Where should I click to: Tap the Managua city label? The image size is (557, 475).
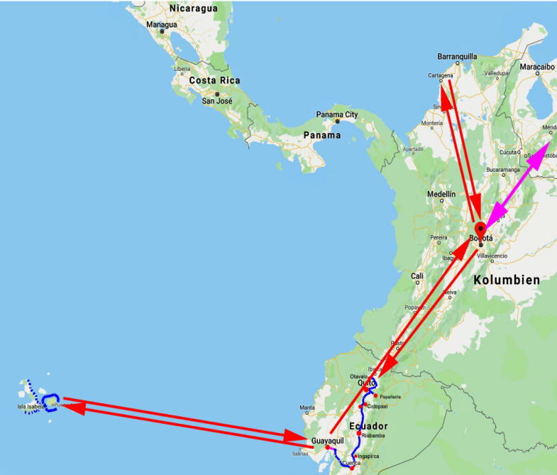tap(161, 24)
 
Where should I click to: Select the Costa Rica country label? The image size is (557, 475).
tap(214, 80)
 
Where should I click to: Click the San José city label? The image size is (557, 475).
tap(217, 101)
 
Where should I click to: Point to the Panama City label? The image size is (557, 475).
tap(337, 114)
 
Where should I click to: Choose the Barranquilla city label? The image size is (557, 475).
tap(458, 56)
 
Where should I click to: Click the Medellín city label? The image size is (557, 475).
tap(441, 193)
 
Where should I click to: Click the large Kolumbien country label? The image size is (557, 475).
tap(507, 280)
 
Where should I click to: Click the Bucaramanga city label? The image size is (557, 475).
tap(504, 170)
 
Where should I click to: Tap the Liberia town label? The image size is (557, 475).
tap(182, 69)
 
